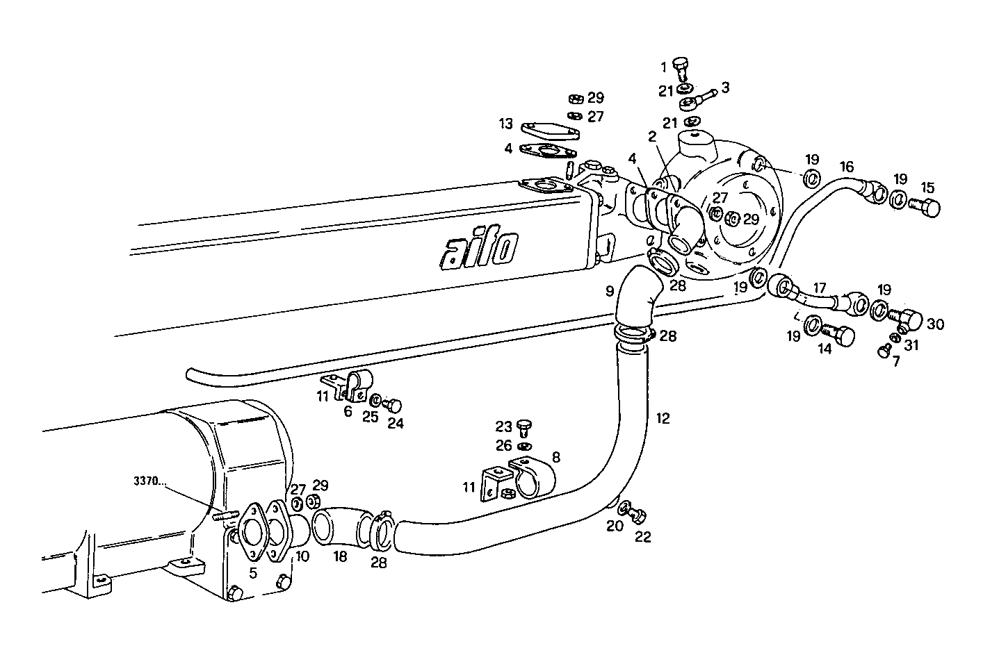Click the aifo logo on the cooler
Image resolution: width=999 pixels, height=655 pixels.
[x=479, y=249]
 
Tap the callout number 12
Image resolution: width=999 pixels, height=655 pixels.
[x=663, y=418]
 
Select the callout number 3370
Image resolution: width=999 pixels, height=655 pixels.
[x=147, y=480]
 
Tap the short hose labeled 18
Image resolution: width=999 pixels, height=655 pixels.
[x=341, y=524]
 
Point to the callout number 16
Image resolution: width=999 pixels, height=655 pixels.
[x=846, y=167]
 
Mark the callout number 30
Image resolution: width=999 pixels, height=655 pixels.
[x=935, y=324]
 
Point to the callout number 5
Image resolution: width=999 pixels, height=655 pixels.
[x=253, y=572]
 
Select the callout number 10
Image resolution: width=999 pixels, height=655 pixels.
[x=302, y=556]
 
